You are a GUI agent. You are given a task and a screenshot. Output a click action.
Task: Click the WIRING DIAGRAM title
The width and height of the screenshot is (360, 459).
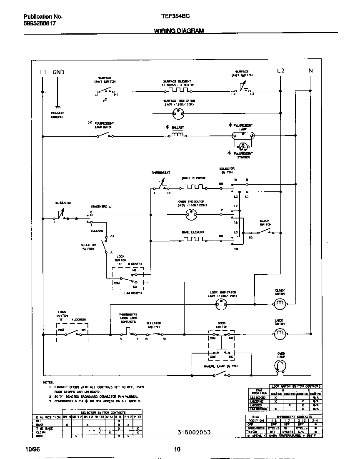(179, 31)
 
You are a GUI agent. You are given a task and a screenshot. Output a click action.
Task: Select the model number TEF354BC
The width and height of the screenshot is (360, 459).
(176, 17)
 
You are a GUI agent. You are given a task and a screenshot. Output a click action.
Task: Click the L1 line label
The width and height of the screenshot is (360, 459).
(43, 72)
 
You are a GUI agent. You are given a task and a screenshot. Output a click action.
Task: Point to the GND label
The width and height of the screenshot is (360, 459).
(58, 72)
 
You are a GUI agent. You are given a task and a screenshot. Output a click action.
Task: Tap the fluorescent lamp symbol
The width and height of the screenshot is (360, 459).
(243, 135)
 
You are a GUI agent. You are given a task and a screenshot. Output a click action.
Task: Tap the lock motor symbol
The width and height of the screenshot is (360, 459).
(280, 333)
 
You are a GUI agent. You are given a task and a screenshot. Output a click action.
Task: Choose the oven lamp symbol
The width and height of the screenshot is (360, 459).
(281, 366)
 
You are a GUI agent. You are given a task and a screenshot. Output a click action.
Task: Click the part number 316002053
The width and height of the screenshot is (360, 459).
(194, 432)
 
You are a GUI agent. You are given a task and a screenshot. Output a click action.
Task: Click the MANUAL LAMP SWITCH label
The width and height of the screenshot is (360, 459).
(220, 366)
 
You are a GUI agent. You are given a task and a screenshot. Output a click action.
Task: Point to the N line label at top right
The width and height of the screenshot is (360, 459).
(310, 71)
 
